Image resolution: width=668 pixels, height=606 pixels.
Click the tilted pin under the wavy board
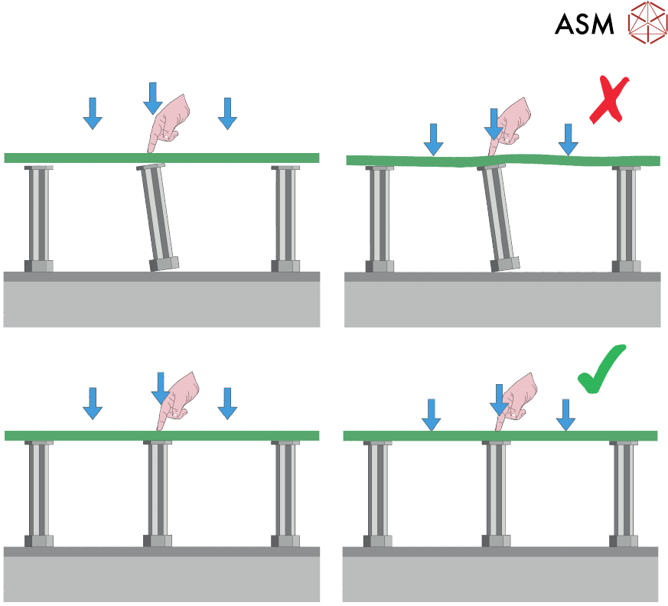pos(498,219)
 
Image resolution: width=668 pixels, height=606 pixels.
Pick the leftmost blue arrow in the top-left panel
pos(93,112)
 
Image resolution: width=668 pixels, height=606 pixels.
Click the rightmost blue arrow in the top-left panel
pos(227,112)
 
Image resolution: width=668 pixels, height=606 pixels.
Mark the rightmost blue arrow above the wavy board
pos(568,138)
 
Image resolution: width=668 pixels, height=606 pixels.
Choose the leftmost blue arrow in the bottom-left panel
pos(93,402)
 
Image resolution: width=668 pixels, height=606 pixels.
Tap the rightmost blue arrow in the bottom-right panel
pos(566,413)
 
